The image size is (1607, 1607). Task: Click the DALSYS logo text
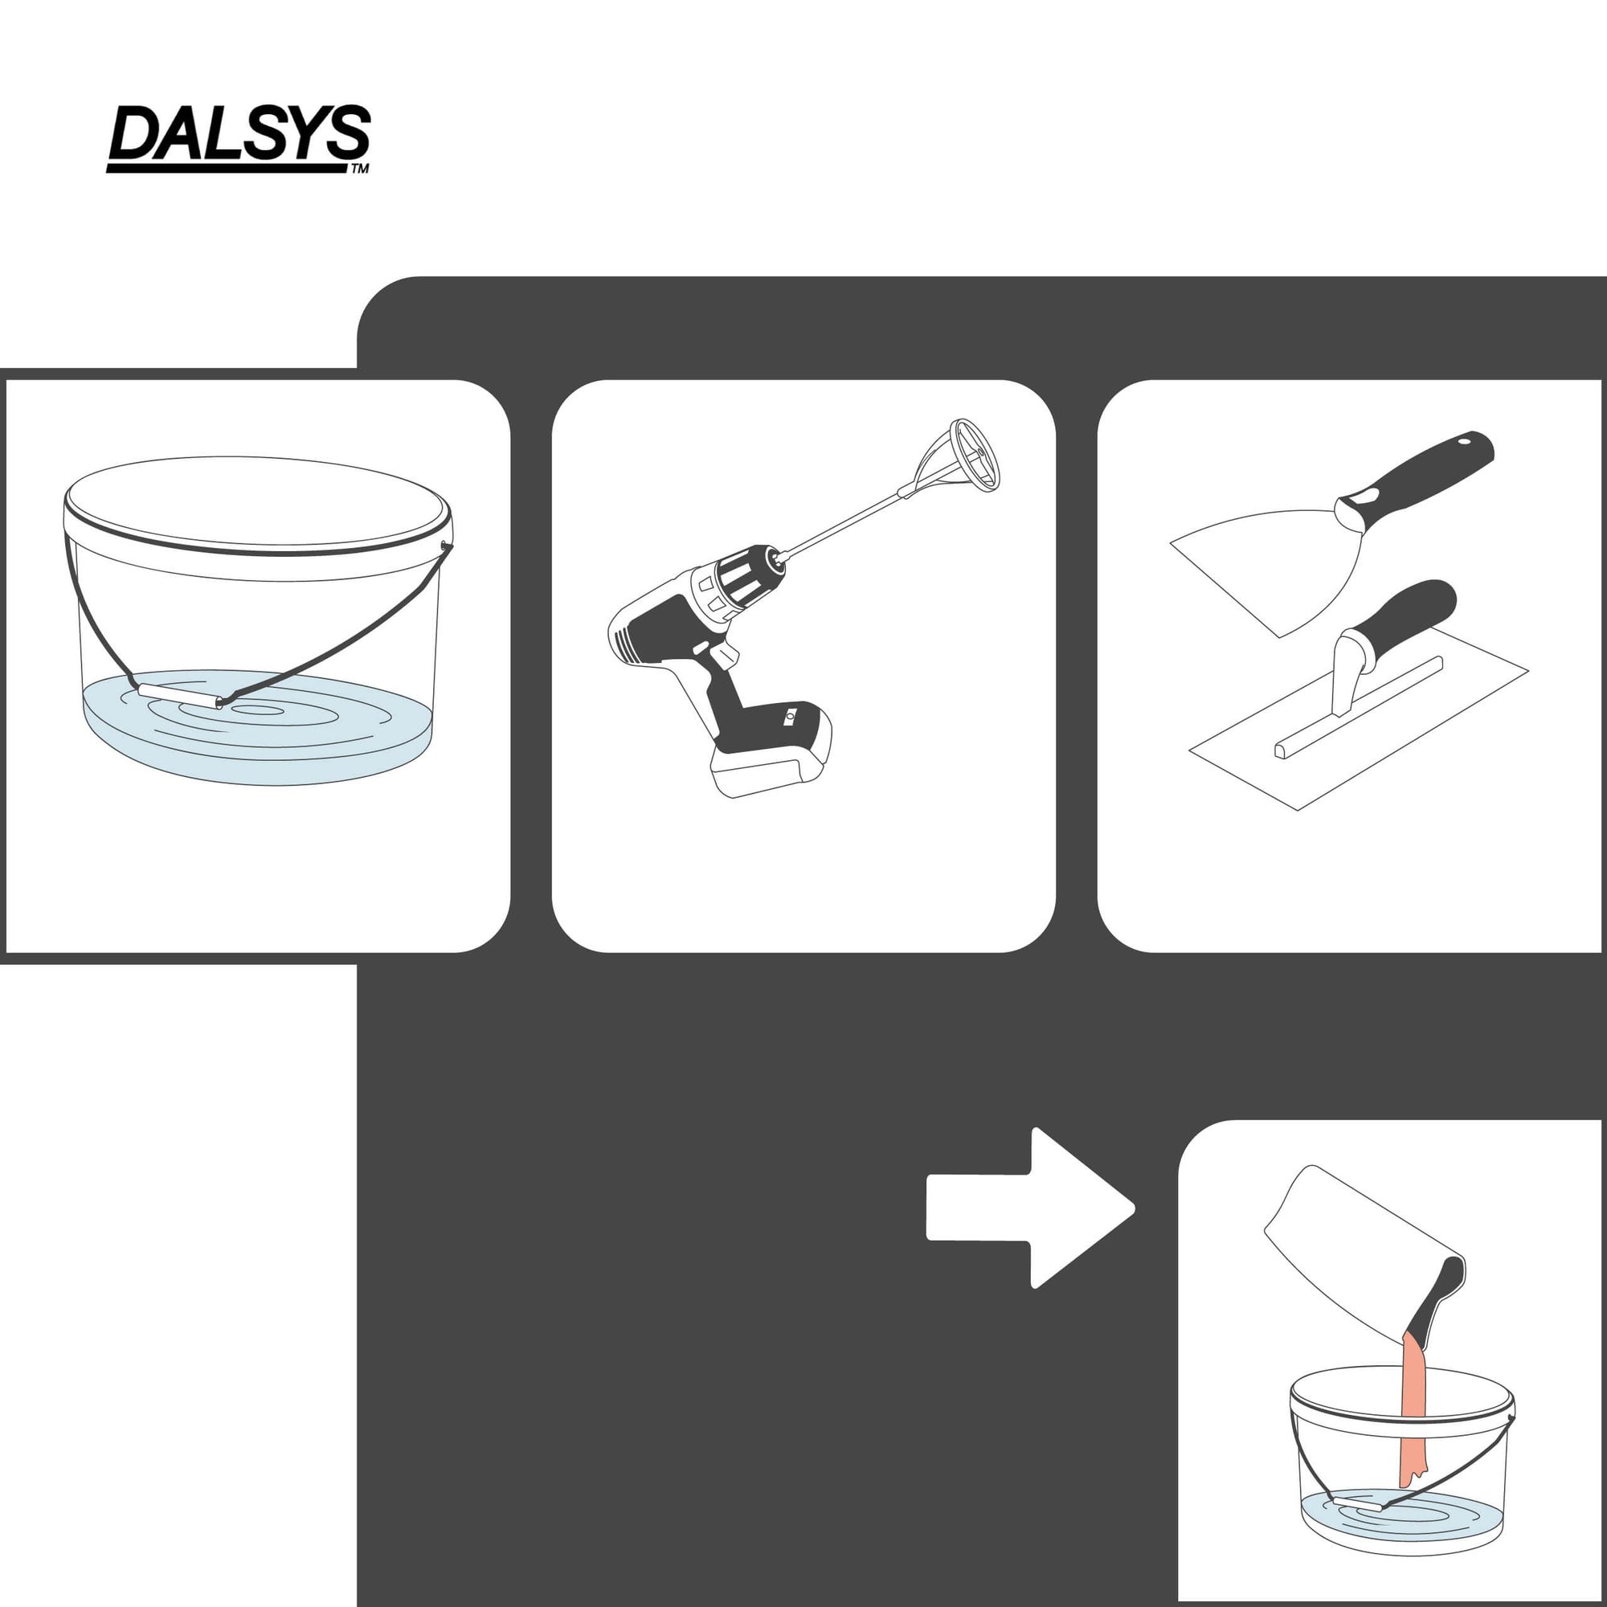(239, 133)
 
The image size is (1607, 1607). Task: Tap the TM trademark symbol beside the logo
(359, 169)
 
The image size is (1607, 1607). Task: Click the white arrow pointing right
(1031, 1208)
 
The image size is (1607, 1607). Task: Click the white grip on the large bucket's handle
(180, 695)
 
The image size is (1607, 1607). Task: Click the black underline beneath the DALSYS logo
(227, 168)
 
